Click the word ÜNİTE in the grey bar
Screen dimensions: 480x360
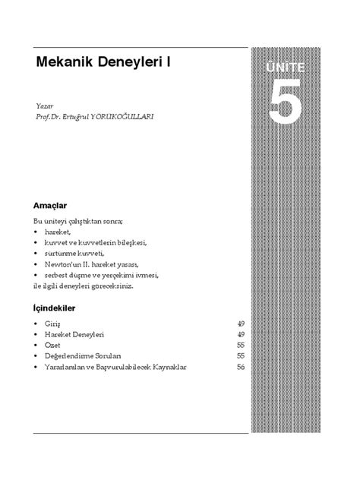tap(288, 67)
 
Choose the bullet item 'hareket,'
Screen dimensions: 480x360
tap(58, 232)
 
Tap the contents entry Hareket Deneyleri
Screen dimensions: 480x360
tap(74, 334)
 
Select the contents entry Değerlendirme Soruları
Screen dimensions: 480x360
tap(83, 355)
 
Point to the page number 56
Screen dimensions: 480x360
tap(240, 367)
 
